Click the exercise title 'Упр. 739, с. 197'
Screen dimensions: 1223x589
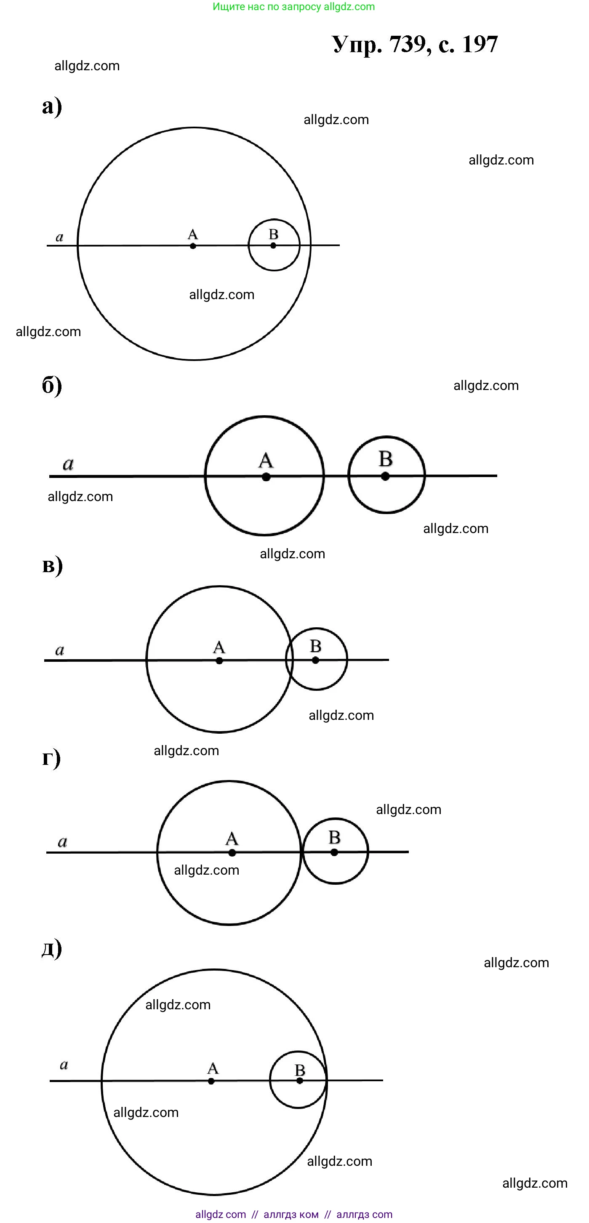[x=415, y=45]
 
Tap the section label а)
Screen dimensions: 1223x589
[x=52, y=106]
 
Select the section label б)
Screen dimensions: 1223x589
[x=52, y=385]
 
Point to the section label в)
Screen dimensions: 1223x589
[x=52, y=565]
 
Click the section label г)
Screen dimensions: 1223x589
[x=51, y=758]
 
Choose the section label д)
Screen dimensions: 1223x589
[x=52, y=948]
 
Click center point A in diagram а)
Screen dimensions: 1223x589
[x=193, y=246]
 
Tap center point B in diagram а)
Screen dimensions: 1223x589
[x=273, y=245]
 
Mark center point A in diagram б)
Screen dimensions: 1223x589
[x=266, y=477]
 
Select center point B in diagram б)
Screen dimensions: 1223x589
[x=385, y=476]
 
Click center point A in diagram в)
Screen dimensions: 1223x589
[x=219, y=661]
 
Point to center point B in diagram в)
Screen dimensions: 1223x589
[x=315, y=661]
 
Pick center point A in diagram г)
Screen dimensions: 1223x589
[x=232, y=853]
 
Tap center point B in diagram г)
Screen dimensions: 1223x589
[x=334, y=852]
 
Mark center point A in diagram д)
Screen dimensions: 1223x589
[x=211, y=1081]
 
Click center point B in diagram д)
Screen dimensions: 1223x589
[x=299, y=1080]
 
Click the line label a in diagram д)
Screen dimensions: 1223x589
[x=64, y=1065]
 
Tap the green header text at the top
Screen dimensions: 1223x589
[x=293, y=7]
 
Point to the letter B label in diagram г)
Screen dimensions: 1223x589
[x=334, y=837]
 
